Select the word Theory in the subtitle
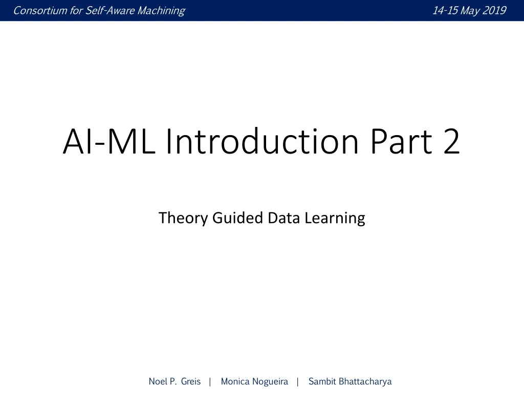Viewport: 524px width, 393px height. pyautogui.click(x=177, y=218)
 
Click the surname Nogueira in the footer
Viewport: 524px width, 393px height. pyautogui.click(x=270, y=381)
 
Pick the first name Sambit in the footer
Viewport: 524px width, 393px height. pyautogui.click(x=322, y=381)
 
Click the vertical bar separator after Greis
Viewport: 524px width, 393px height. pyautogui.click(x=210, y=381)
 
